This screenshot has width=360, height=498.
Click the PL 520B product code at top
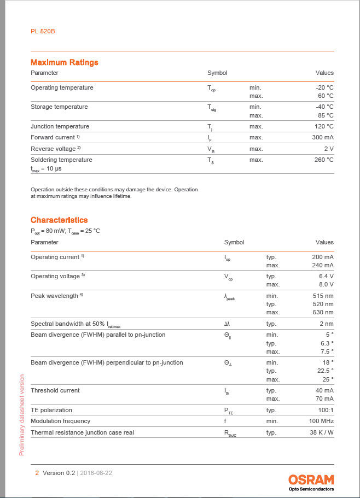(43, 31)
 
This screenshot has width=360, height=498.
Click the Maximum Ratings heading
(64, 62)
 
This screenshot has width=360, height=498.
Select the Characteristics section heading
(59, 220)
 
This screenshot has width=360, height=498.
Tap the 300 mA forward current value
(322, 137)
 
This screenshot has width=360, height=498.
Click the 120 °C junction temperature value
(322, 126)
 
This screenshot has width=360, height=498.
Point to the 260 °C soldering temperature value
(322, 160)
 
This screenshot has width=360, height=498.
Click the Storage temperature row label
(59, 107)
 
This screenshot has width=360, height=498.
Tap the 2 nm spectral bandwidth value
(326, 324)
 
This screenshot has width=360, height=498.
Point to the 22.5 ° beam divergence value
(324, 371)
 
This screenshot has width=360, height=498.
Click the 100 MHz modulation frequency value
(321, 421)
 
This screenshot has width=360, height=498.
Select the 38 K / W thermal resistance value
(321, 432)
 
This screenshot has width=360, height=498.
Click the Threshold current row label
(55, 390)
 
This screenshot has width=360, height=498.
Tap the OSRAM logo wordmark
(311, 480)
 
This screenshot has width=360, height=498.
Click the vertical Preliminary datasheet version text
(22, 414)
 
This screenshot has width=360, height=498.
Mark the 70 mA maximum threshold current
(324, 399)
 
